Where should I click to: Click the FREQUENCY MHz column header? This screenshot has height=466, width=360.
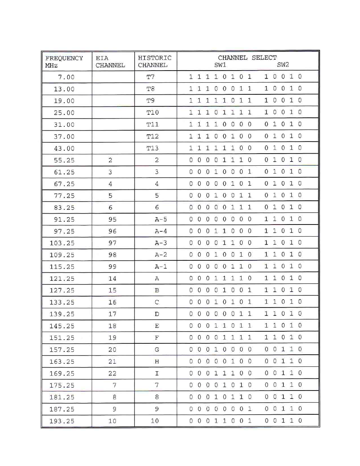tap(64, 62)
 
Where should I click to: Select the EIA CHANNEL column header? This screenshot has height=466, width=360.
tap(110, 62)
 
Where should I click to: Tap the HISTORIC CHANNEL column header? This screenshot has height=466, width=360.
tap(154, 62)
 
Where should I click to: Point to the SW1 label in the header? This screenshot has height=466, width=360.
tap(220, 65)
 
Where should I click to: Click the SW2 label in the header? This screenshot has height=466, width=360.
tap(283, 65)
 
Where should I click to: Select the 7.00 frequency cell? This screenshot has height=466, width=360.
tap(66, 77)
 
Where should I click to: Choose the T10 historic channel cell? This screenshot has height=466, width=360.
tap(152, 112)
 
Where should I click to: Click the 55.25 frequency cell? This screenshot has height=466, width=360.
tap(64, 160)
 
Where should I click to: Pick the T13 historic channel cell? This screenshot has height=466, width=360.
tap(152, 148)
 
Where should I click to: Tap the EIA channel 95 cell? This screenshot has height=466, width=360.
tap(112, 220)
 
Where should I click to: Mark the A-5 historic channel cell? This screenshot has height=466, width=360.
tap(161, 220)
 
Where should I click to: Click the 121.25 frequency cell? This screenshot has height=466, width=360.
tap(62, 279)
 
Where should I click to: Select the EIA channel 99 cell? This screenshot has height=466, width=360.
tap(112, 267)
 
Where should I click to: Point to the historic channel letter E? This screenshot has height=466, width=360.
tap(157, 326)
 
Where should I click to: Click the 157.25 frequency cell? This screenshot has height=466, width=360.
tap(62, 350)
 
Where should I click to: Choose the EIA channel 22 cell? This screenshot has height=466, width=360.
tap(112, 374)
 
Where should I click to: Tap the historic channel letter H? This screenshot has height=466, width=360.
tap(157, 361)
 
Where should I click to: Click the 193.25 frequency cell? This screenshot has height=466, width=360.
tap(62, 421)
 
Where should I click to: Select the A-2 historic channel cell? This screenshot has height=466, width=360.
tap(161, 255)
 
